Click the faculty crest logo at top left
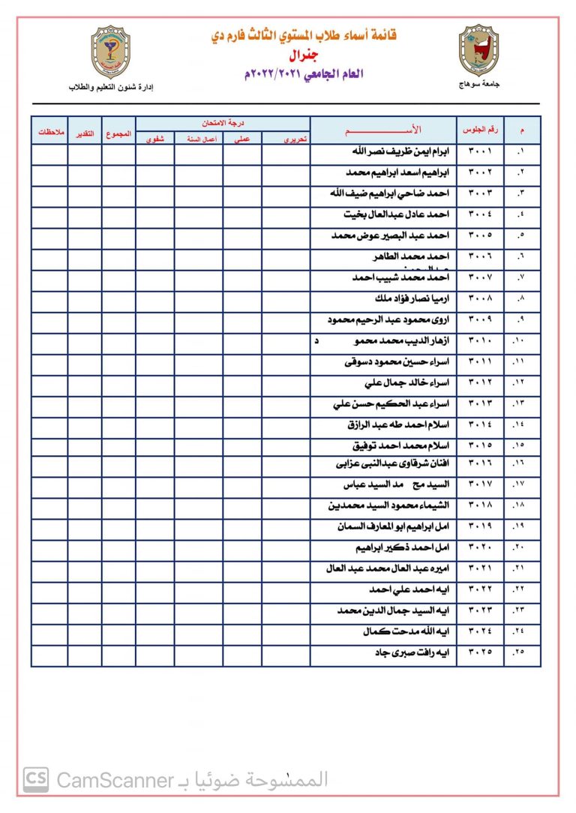point(110,52)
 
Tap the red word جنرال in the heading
point(303,55)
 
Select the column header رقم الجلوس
point(480,129)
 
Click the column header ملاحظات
point(49,133)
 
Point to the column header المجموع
point(118,133)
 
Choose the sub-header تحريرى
point(286,139)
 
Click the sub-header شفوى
point(155,139)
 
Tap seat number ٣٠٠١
point(480,151)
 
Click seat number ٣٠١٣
point(480,403)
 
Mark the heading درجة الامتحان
point(223,122)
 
